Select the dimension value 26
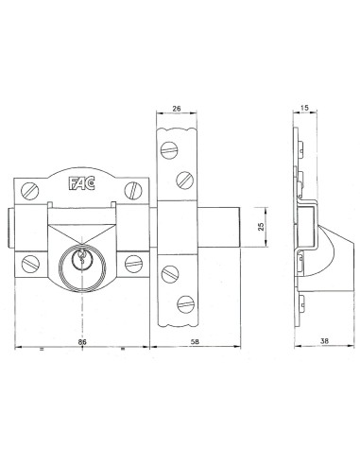pyautogui.click(x=178, y=108)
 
